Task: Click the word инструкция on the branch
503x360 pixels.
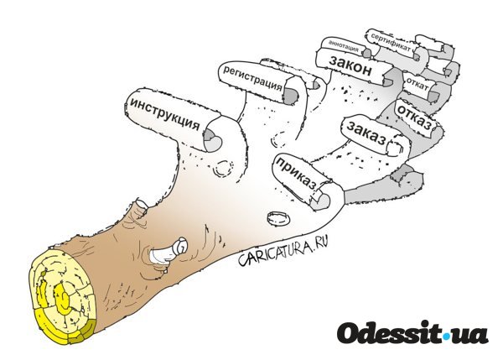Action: (x=164, y=114)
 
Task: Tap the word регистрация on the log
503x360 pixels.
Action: (x=252, y=78)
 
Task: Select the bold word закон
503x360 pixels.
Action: (x=350, y=65)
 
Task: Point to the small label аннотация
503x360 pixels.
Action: (x=344, y=46)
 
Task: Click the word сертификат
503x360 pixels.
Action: (x=391, y=42)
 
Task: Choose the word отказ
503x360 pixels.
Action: (x=414, y=117)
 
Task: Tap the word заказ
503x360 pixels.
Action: (x=366, y=133)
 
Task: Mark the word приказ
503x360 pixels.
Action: (x=297, y=174)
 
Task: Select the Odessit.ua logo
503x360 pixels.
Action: (x=412, y=332)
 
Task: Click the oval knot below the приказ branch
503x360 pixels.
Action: (x=278, y=220)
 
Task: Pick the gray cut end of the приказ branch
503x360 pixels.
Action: (x=321, y=201)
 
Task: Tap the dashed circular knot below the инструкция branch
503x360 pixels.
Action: (x=223, y=169)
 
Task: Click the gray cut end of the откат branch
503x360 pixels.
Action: (x=433, y=96)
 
